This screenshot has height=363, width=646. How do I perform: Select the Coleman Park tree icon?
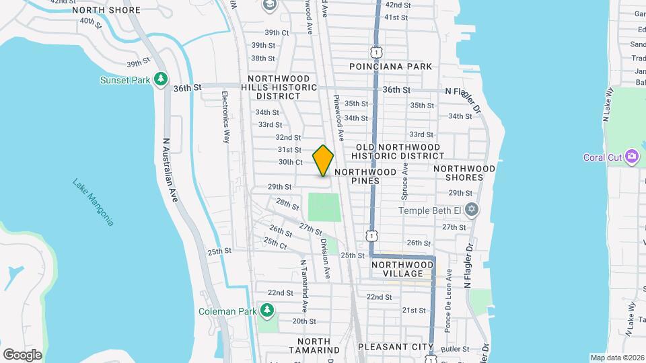[268, 311]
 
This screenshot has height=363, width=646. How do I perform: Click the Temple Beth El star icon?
[472, 210]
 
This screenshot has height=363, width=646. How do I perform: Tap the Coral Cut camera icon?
[631, 157]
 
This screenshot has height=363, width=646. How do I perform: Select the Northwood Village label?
[398, 269]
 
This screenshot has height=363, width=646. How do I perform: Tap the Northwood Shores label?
[464, 173]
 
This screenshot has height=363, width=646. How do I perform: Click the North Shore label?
[106, 10]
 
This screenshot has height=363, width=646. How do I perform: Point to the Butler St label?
[455, 349]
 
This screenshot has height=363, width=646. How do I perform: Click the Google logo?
[22, 354]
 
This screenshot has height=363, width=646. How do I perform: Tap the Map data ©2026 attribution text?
[616, 358]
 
